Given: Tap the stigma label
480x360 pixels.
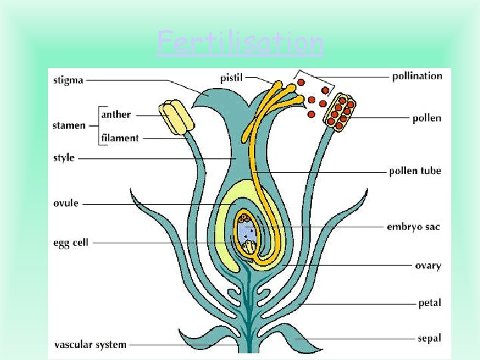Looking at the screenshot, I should pos(68,80).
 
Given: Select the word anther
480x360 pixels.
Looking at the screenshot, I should pos(116,114).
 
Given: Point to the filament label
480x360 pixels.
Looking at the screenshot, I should pos(120,138).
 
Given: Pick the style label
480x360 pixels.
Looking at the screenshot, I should pos(64,158).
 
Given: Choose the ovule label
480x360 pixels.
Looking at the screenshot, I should pos(65,203).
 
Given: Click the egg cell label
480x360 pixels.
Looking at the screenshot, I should pos(71,243).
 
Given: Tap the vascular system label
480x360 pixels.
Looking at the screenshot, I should pos(90,345).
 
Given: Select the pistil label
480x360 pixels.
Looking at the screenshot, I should pos(232,78).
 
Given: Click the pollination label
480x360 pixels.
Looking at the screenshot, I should pos(417,75).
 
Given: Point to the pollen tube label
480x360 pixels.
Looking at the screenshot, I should pos(415,171).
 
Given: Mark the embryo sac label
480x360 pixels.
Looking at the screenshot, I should pos(413,227).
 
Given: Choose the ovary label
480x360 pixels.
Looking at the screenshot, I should pos(427,265).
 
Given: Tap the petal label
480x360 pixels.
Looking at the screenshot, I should pos(429,303).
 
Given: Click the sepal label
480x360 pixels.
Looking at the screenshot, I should pos(429,338).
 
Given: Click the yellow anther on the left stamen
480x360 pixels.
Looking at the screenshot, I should pos(175,117).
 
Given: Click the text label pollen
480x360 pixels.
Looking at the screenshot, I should pos(427,118).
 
